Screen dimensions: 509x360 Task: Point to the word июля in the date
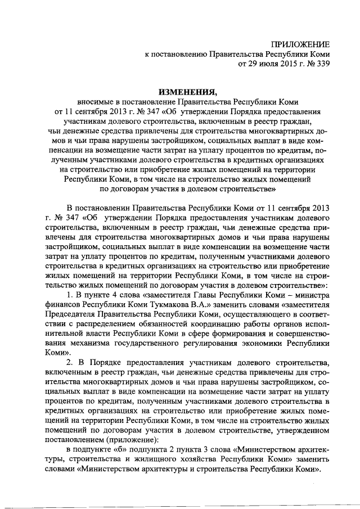point(265,65)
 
